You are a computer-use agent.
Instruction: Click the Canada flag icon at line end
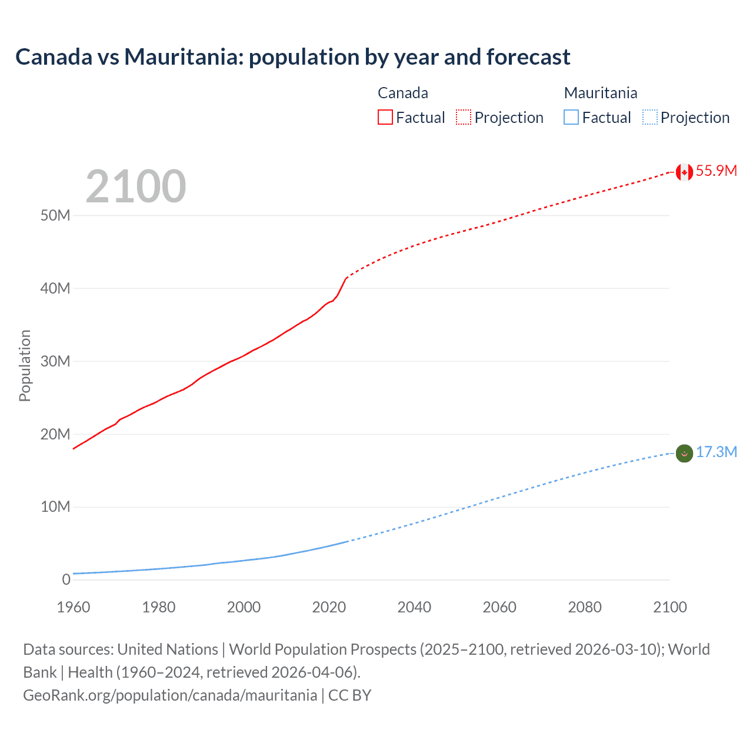click(x=684, y=172)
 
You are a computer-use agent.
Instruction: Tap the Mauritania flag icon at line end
click(x=684, y=454)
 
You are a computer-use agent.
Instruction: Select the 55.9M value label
click(x=716, y=171)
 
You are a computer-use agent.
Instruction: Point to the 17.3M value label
click(x=716, y=452)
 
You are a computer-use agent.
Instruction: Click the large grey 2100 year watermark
click(x=136, y=186)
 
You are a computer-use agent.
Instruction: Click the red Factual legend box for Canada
click(x=385, y=117)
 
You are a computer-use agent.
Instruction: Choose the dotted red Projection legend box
click(x=464, y=117)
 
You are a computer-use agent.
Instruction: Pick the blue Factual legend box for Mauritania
click(x=571, y=117)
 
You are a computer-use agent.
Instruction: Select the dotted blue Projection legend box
click(x=649, y=117)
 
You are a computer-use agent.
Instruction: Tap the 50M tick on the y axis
click(x=55, y=215)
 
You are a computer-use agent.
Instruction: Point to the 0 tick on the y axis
click(x=66, y=579)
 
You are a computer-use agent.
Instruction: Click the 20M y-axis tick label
click(x=55, y=434)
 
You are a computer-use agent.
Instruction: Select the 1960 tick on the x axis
click(x=74, y=607)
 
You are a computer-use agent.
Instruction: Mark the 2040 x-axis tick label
click(x=414, y=607)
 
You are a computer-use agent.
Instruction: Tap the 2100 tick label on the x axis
click(x=669, y=607)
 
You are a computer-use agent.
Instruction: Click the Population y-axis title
click(x=25, y=365)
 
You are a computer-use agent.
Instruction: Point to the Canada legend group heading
click(x=402, y=93)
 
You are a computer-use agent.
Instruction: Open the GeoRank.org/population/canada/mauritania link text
click(x=170, y=695)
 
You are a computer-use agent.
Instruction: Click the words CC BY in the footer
click(x=349, y=695)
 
